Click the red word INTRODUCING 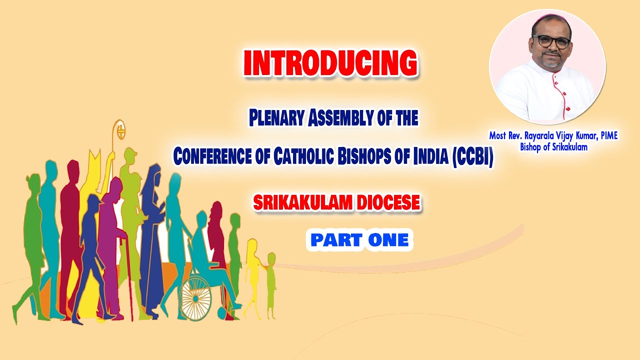330,63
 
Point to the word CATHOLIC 313,156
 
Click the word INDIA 434,156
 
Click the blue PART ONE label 359,240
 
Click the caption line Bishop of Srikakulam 553,147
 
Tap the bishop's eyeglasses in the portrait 551,41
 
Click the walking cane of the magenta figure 129,280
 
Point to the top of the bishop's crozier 118,129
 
